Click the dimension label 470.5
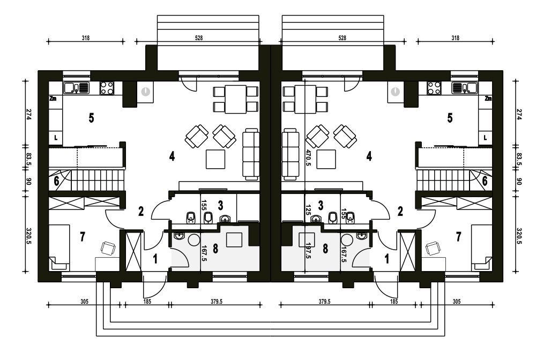tap(308, 158)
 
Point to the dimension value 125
tap(308, 209)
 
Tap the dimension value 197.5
tap(308, 250)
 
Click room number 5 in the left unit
tap(91, 118)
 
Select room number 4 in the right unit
tap(369, 156)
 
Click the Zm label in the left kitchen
tap(53, 99)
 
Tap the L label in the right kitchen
tap(485, 138)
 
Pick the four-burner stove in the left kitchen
tap(107, 88)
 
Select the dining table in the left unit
tap(235, 99)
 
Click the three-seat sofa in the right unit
tap(290, 154)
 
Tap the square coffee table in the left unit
tap(215, 159)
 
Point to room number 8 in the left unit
tap(215, 249)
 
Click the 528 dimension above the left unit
tap(199, 38)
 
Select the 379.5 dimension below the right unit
tap(324, 302)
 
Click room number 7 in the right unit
tap(458, 236)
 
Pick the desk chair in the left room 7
tap(108, 249)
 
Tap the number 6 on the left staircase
tap(56, 181)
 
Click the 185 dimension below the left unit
tap(147, 302)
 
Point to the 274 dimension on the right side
tap(519, 115)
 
